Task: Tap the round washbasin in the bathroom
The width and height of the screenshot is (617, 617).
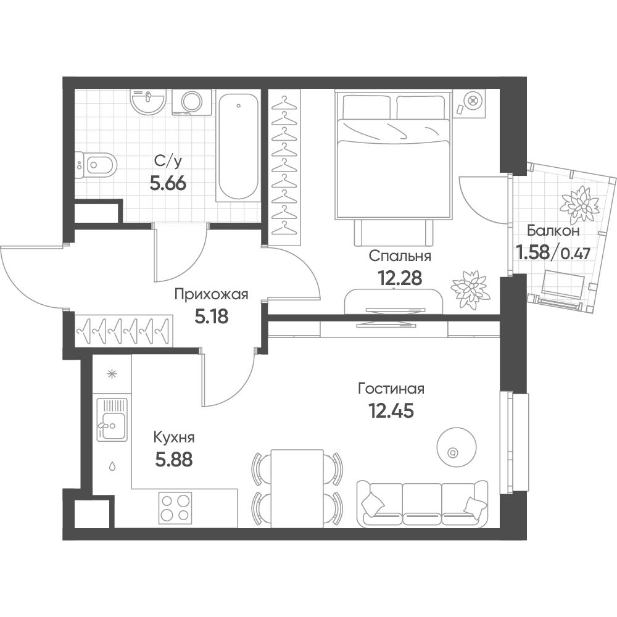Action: click(148, 102)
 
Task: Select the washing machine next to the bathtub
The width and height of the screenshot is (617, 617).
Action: click(192, 102)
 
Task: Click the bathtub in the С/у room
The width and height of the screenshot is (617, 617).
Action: click(238, 146)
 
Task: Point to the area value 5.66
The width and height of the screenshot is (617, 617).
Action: click(168, 183)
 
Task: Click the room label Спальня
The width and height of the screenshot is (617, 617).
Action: click(400, 257)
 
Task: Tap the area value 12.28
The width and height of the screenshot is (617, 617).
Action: click(399, 278)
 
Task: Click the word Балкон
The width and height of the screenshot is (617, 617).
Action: click(553, 231)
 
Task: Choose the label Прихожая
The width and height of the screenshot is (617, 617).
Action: click(211, 295)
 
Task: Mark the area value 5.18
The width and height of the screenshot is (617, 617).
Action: click(211, 317)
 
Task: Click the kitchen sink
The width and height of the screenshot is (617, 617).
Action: click(112, 420)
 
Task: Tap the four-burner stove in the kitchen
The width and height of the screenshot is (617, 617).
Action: click(175, 508)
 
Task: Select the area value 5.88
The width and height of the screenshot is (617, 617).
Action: click(174, 459)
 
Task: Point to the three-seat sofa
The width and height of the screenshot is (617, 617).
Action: click(423, 503)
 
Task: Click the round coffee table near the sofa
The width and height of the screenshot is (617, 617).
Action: click(457, 447)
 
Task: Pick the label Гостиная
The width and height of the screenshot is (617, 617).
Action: click(392, 389)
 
